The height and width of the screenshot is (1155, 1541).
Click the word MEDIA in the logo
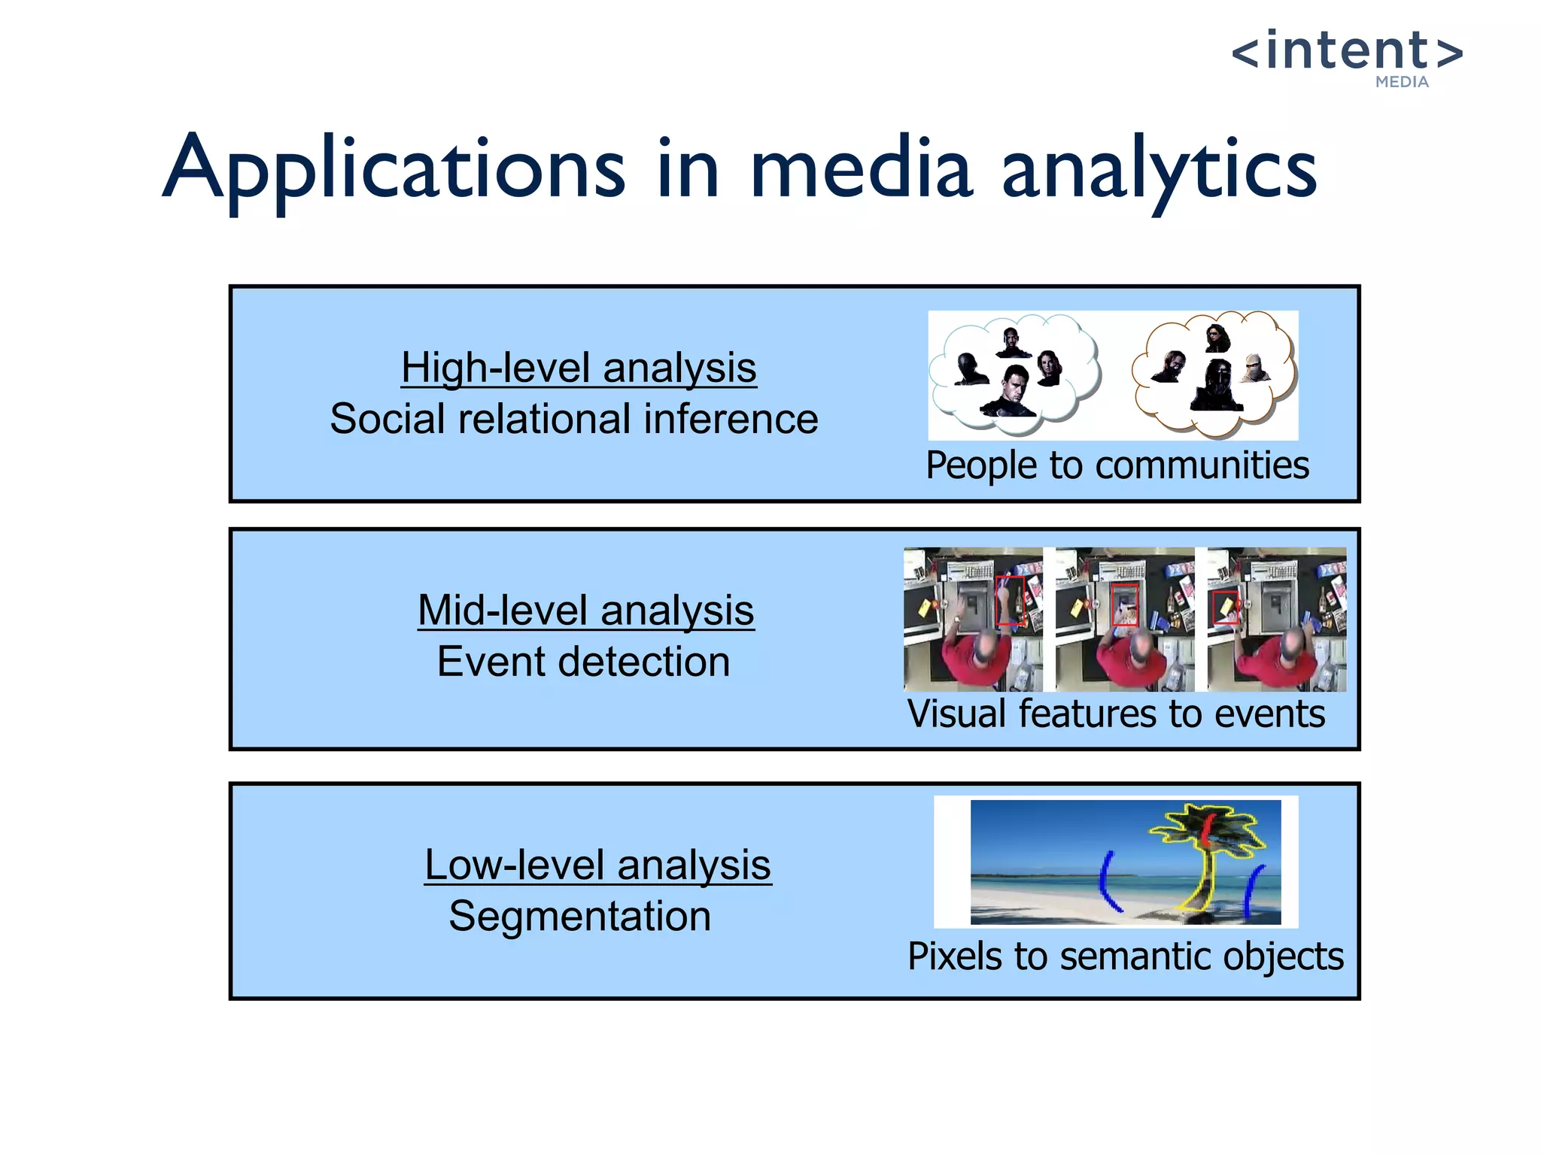(x=1401, y=82)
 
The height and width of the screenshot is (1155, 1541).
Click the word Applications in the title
(x=394, y=169)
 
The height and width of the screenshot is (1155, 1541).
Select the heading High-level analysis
(x=578, y=368)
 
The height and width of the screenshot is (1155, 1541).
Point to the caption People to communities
(x=1117, y=465)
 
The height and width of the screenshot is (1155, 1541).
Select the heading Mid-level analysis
(x=585, y=610)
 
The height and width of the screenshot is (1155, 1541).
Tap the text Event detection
(x=583, y=662)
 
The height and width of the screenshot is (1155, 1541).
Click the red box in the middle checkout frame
(x=1125, y=604)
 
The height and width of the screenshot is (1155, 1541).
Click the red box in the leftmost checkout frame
(x=1010, y=600)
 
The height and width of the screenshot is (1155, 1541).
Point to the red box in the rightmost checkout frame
(x=1225, y=606)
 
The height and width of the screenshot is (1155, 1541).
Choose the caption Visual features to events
(x=1116, y=714)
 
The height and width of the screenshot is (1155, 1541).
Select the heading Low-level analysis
(x=597, y=865)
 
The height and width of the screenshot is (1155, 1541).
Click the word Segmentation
(x=579, y=916)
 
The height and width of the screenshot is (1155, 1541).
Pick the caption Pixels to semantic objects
(x=1125, y=956)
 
